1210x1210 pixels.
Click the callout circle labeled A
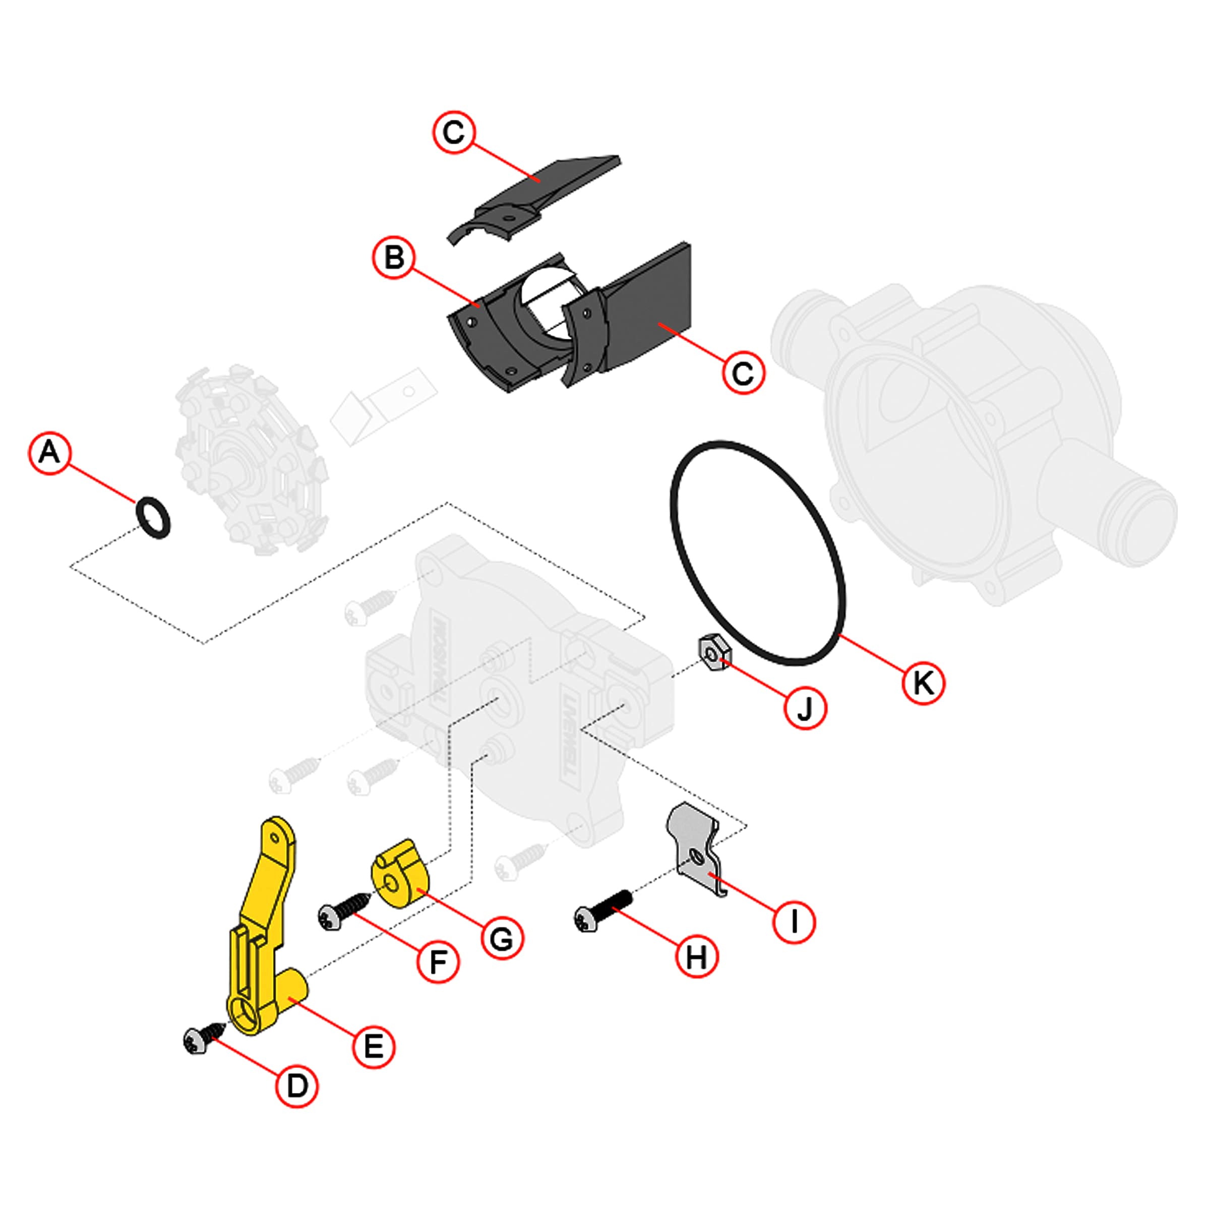pyautogui.click(x=49, y=452)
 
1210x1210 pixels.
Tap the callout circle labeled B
pyautogui.click(x=394, y=258)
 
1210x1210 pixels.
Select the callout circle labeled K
pyautogui.click(x=923, y=683)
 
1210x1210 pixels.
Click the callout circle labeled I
pyautogui.click(x=794, y=921)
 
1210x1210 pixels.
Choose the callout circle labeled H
pyautogui.click(x=696, y=957)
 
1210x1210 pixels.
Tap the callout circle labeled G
pyautogui.click(x=502, y=938)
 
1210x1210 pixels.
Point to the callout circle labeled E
pyautogui.click(x=374, y=1047)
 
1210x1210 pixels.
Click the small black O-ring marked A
pyautogui.click(x=153, y=517)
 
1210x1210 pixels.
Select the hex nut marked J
pyautogui.click(x=714, y=653)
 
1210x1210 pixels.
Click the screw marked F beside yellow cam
pyautogui.click(x=343, y=912)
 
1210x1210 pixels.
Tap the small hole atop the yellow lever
pyautogui.click(x=274, y=838)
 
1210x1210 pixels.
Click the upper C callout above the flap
pyautogui.click(x=454, y=132)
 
